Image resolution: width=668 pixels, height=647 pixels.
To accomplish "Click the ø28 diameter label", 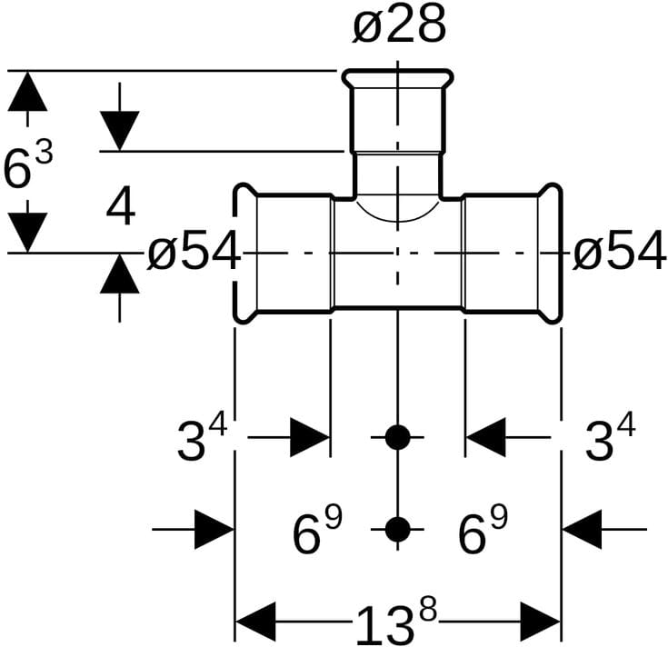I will tap(399, 27).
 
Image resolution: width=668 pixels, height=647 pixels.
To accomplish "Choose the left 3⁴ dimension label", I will tap(201, 440).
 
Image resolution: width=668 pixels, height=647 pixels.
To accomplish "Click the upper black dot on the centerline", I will tap(397, 437).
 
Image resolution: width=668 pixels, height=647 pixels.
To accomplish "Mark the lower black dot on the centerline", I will tap(397, 528).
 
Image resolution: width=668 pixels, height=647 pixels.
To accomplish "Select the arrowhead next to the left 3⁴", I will tap(309, 438).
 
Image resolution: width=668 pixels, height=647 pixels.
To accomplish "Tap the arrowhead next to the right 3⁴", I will tap(485, 438).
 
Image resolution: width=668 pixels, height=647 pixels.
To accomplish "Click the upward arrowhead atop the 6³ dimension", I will tap(28, 91).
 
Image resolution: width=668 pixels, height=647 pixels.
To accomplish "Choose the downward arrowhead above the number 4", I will tap(119, 130).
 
